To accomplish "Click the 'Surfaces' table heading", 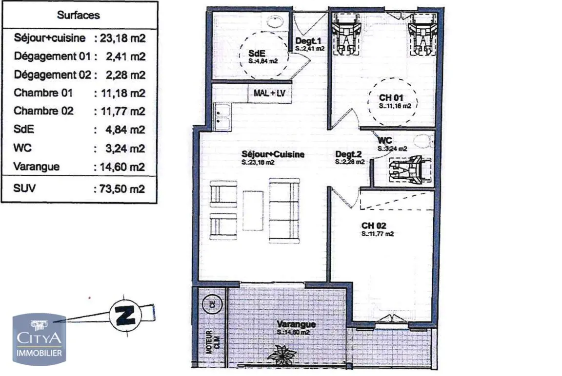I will coord(78,15).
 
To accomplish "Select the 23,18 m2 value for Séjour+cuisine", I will coord(120,38).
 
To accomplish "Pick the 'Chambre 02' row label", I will coord(43,111).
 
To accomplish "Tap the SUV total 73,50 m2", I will coord(120,188).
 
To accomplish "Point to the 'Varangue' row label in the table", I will coord(37,167).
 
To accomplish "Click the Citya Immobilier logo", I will coord(39,339).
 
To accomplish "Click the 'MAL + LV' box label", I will coord(270,94).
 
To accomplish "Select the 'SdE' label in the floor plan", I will coord(256,53).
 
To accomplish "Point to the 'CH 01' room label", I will coord(391,98).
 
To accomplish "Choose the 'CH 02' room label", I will coord(374,226).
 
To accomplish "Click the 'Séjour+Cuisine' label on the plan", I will coord(273,154).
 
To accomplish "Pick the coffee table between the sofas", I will coord(253,210).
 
